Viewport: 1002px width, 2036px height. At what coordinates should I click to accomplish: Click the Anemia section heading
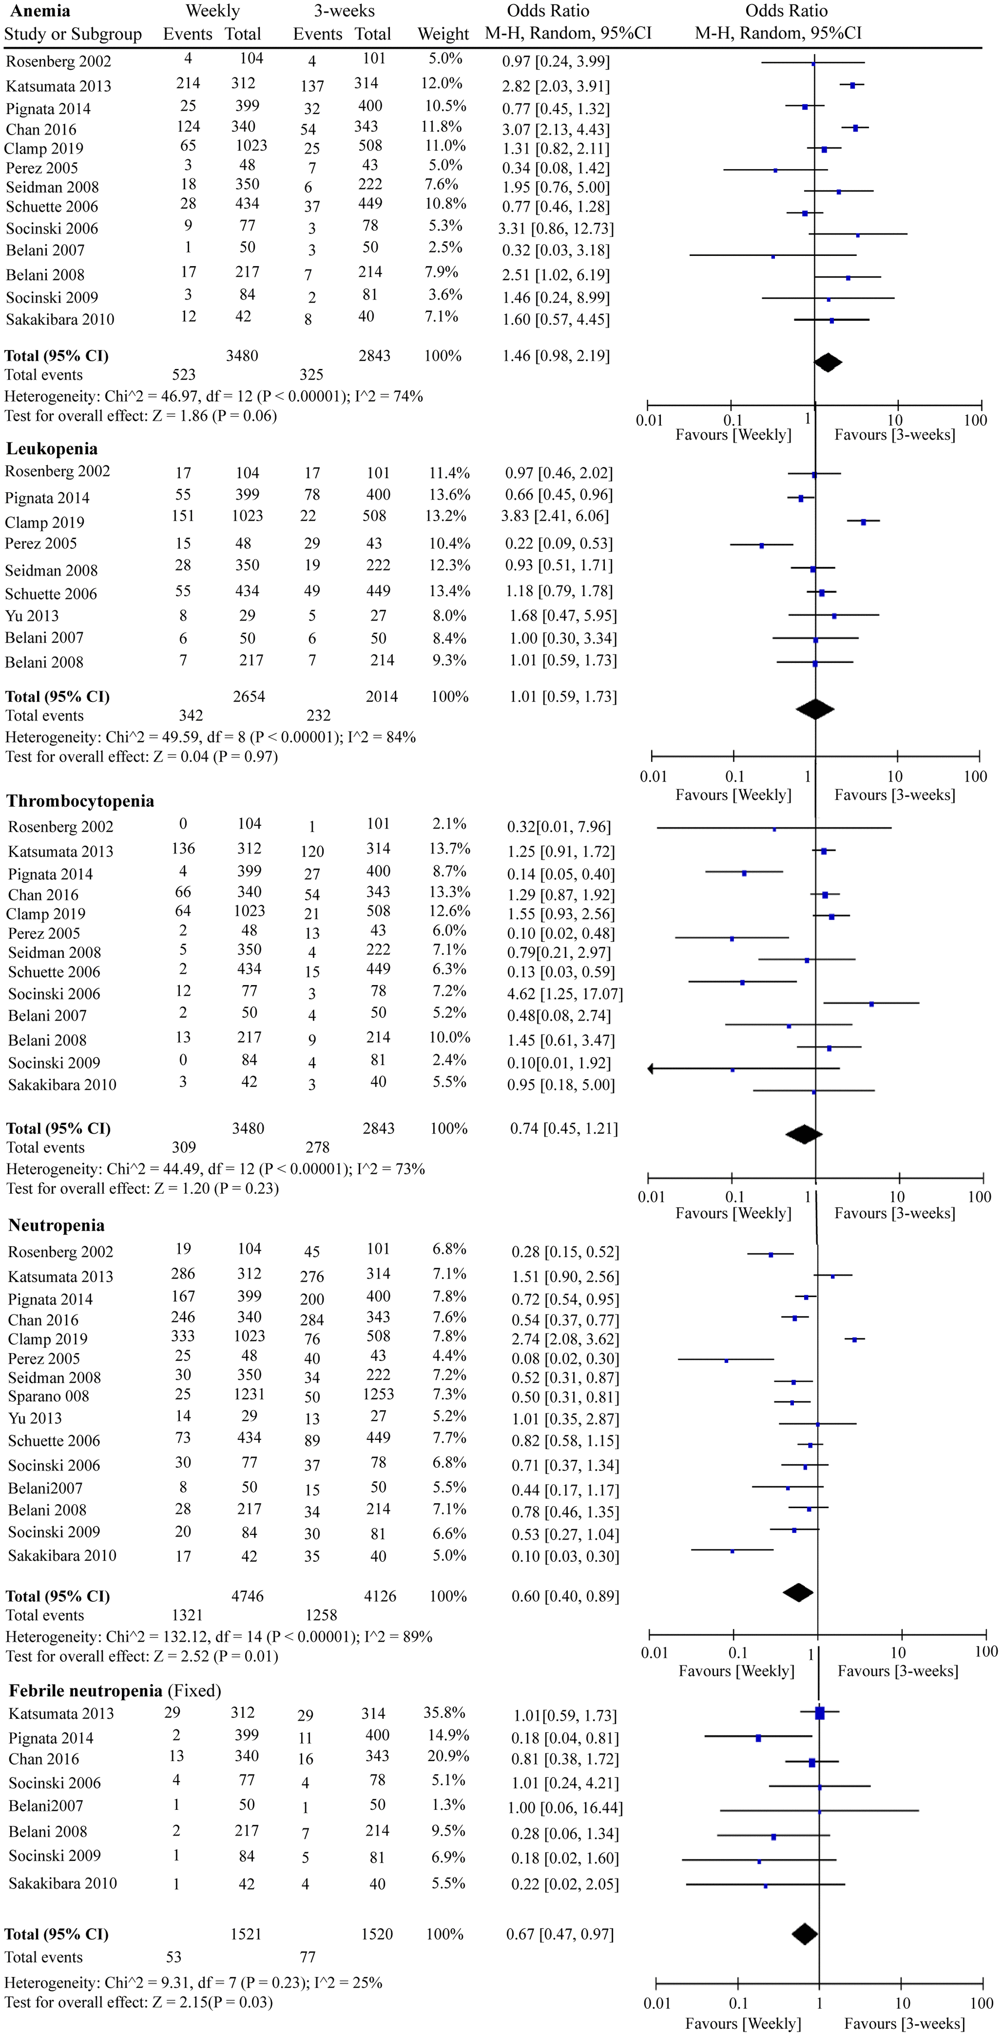click(37, 11)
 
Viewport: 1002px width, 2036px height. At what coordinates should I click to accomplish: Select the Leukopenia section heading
click(52, 449)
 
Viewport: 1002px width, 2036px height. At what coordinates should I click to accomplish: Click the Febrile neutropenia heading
click(85, 1691)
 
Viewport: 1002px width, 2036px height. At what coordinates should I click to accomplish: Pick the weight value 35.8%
click(444, 1713)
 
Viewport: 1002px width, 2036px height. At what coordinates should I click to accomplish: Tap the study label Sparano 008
click(48, 1397)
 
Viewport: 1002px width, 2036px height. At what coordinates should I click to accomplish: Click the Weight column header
click(443, 34)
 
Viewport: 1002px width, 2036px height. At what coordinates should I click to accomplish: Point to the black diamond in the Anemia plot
click(827, 363)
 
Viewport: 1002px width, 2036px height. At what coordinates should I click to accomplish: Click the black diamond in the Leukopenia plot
click(815, 709)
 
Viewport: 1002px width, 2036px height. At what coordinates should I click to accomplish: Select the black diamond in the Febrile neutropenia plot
click(805, 1934)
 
